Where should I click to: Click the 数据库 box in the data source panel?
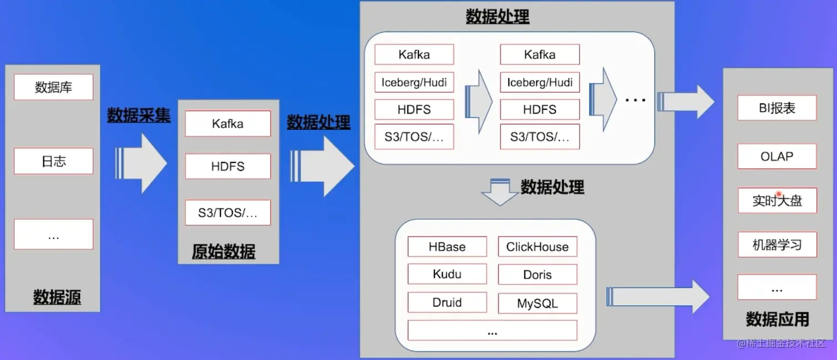(x=53, y=87)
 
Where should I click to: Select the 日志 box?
(x=53, y=161)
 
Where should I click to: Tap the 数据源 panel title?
(x=57, y=297)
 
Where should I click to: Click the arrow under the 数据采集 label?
(x=141, y=163)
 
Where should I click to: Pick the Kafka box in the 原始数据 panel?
(x=228, y=124)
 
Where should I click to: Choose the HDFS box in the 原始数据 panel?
(x=228, y=166)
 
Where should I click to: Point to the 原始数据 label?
(x=224, y=251)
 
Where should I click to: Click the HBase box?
(x=447, y=247)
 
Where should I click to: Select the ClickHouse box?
(x=537, y=247)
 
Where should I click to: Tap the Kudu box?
(x=447, y=274)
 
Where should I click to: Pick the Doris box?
(x=537, y=275)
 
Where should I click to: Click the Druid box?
(x=447, y=302)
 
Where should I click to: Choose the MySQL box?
(x=537, y=304)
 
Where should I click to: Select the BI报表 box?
(x=777, y=108)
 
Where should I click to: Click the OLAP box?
(x=777, y=156)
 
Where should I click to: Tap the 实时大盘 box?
(x=777, y=200)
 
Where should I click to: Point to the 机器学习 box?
(x=777, y=245)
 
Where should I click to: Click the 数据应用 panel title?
(x=777, y=319)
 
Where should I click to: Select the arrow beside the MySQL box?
(x=658, y=297)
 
